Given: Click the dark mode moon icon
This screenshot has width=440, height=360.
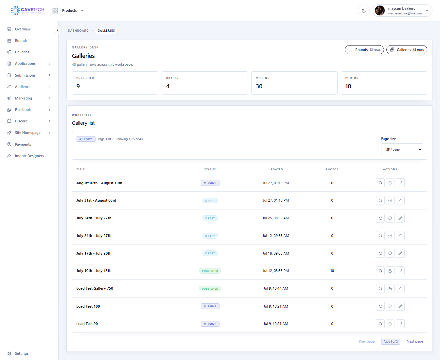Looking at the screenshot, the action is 364,11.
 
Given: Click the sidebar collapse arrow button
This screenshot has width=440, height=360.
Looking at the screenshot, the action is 58,30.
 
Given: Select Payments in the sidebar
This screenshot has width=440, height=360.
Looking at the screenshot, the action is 23,144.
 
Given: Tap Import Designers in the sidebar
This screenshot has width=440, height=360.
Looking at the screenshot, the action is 29,156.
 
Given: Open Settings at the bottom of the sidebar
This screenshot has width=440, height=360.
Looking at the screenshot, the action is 22,353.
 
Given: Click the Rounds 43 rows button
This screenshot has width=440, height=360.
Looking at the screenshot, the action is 364,50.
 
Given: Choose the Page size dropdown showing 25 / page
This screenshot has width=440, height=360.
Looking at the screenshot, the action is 402,150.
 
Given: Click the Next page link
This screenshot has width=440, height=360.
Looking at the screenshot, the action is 415,341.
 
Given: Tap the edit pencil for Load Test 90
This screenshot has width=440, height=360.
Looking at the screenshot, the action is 400,324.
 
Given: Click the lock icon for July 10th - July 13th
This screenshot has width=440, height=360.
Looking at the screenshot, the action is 390,271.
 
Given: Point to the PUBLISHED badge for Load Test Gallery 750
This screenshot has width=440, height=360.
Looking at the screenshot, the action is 210,289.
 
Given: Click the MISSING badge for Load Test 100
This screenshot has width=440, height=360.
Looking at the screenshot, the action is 210,306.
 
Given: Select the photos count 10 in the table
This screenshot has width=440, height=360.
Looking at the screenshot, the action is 332,271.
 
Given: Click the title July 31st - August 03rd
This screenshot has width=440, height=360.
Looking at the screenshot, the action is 96,200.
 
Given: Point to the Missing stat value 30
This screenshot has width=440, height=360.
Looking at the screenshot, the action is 259,86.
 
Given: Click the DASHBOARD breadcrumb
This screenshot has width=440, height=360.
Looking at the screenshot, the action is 78,31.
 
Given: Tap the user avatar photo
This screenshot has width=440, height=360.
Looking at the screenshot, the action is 380,10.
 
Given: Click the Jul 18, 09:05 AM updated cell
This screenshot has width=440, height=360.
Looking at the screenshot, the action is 275,253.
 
